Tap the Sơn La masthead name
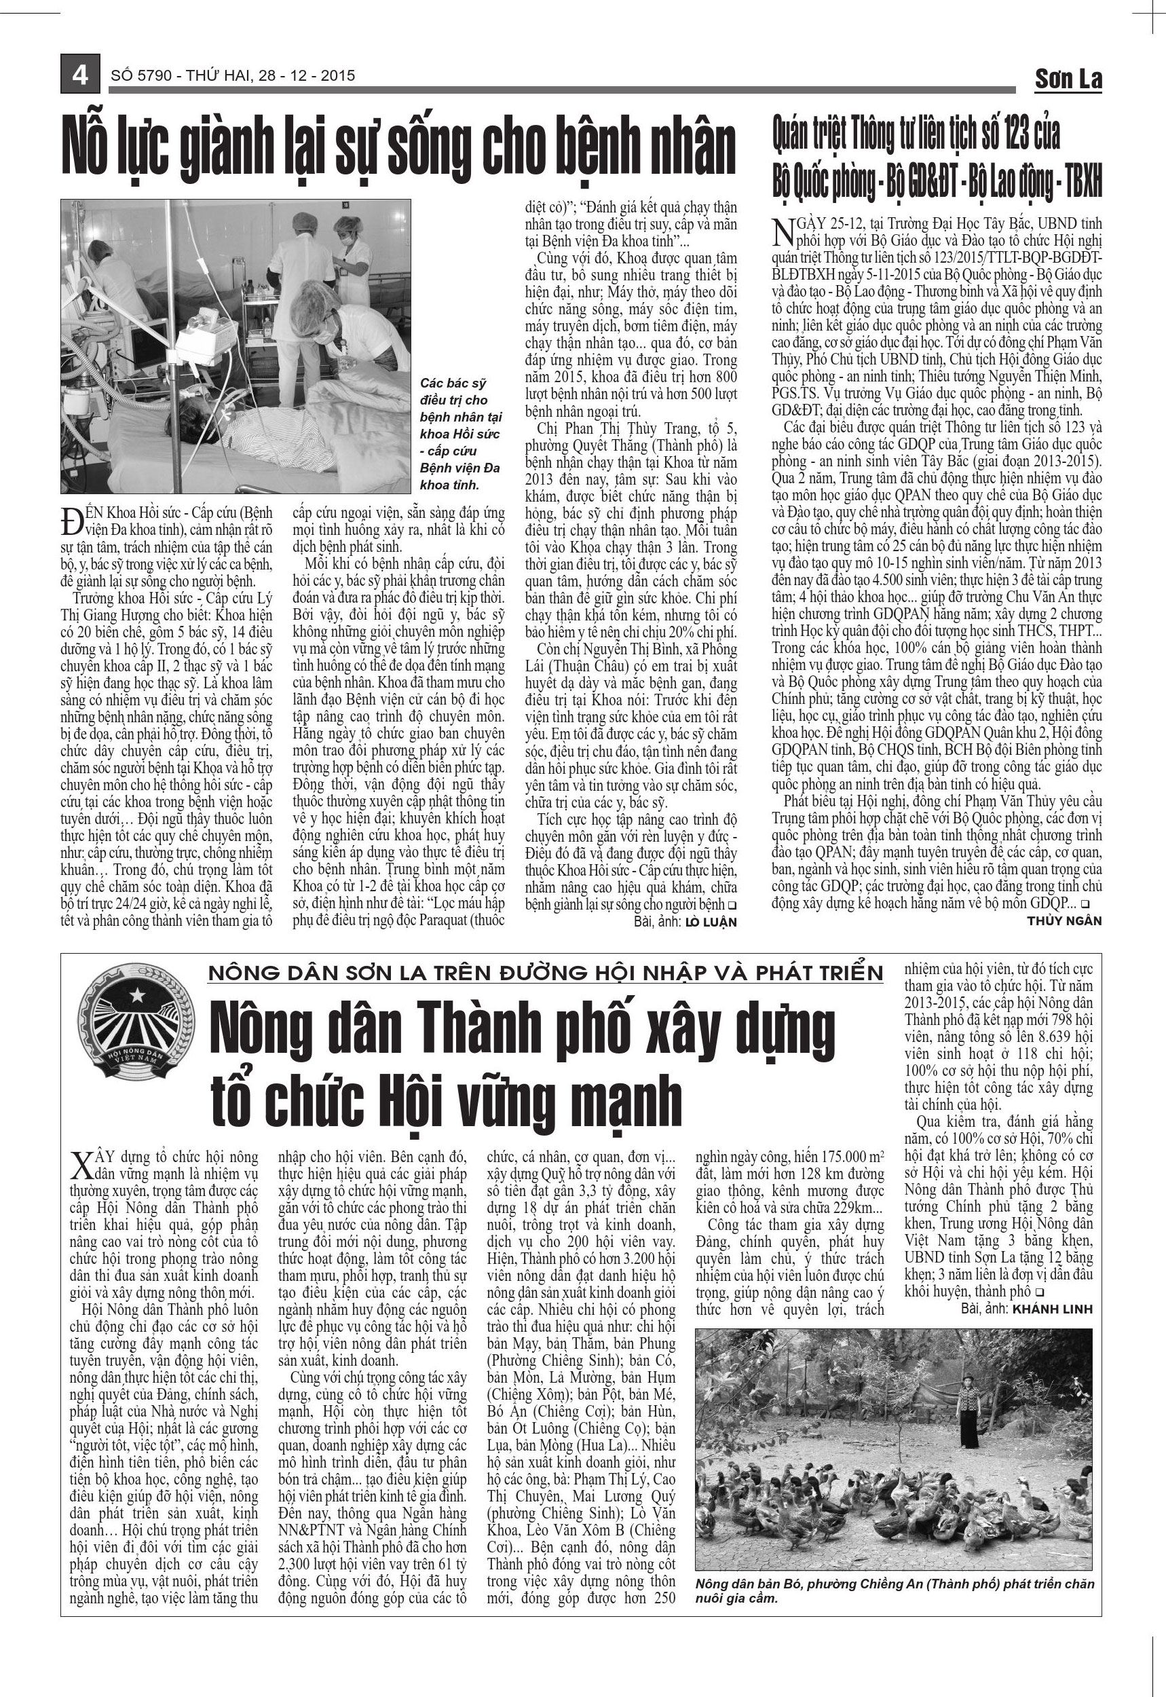click(x=1068, y=79)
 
